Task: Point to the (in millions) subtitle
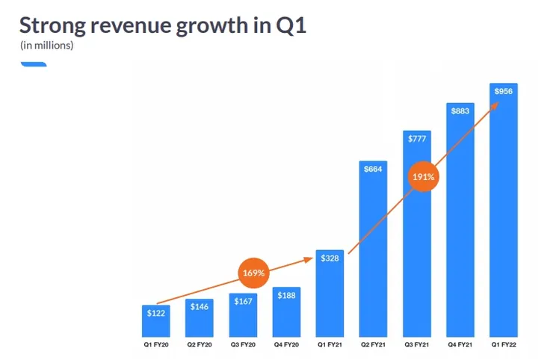[x=46, y=46]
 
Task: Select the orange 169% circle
[x=253, y=273]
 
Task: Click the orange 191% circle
[x=423, y=177]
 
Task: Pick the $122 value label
[x=156, y=312]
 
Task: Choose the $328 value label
[x=330, y=258]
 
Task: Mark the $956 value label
[x=504, y=91]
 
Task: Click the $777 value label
[x=416, y=138]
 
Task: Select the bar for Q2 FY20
[x=200, y=321]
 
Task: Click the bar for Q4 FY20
[x=286, y=314]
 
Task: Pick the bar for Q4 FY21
[x=460, y=224]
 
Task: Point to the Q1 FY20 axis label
[x=156, y=345]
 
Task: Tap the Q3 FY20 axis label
[x=243, y=345]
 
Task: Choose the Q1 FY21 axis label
[x=330, y=345]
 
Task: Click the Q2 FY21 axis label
[x=373, y=345]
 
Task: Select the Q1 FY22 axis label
[x=504, y=345]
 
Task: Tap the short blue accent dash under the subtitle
[x=34, y=64]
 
